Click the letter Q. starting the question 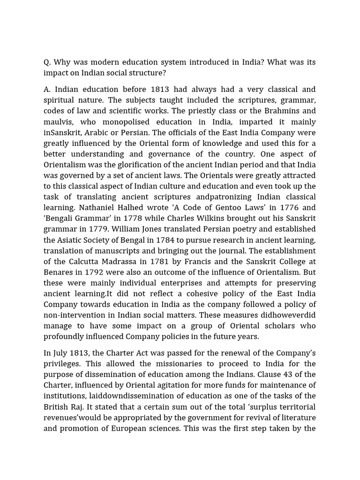pyautogui.click(x=47, y=62)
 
